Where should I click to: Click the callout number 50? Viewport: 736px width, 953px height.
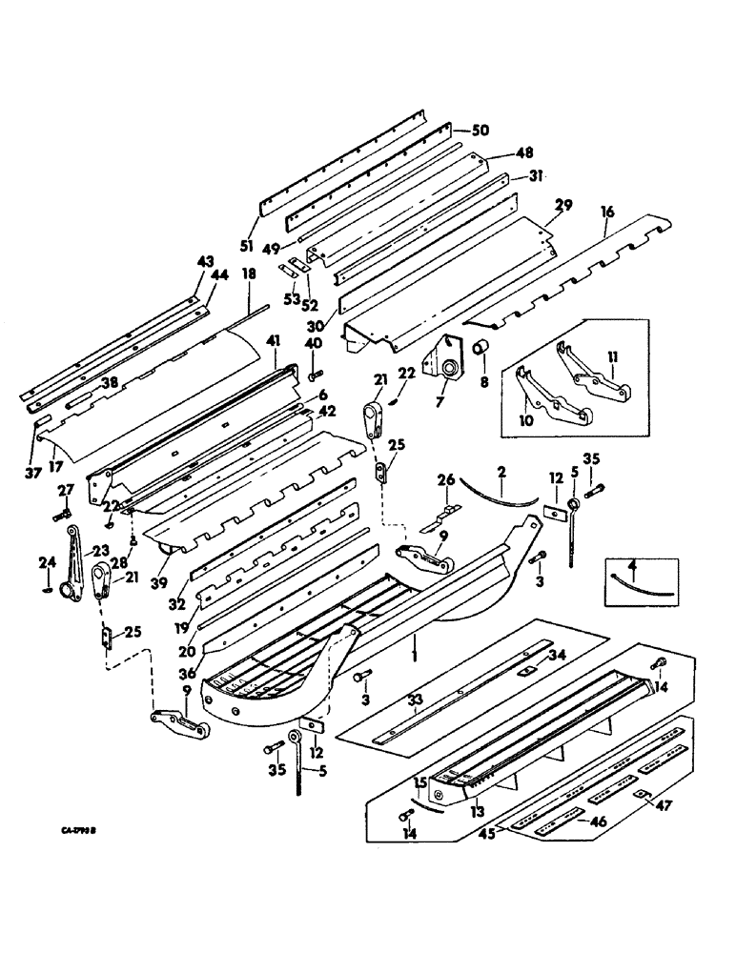coord(480,130)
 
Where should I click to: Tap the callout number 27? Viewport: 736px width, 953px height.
coord(65,492)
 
